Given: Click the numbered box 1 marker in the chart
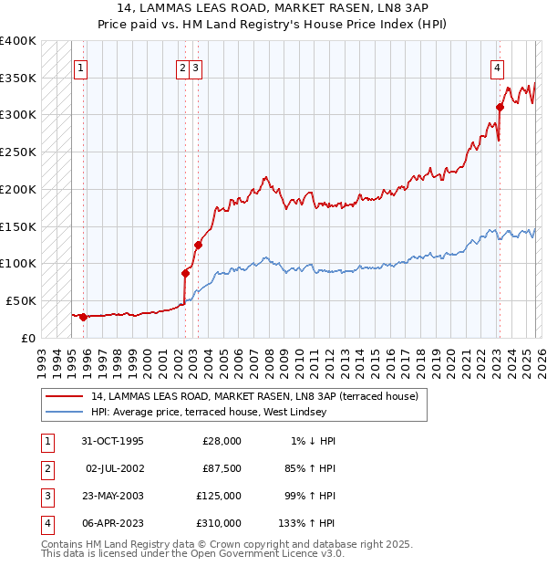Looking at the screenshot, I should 81,67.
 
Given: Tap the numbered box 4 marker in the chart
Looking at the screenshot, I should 497,67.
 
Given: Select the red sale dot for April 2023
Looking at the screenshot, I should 500,107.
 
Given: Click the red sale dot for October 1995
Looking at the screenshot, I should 83,317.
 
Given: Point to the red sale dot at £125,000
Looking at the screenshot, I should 198,245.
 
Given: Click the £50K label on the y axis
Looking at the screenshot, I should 21,300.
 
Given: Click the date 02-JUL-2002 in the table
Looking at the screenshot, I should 114,468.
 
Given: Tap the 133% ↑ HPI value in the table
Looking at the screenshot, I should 306,523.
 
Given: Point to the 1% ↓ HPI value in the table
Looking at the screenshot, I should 313,441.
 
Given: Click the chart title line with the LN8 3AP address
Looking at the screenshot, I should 273,8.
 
